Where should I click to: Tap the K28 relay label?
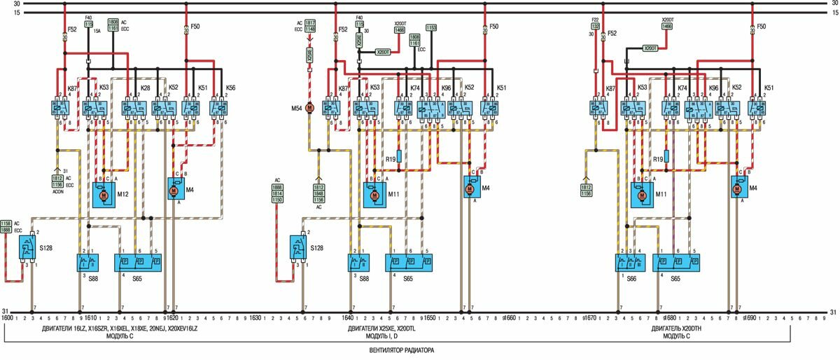click(145, 88)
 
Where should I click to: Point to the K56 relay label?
click(230, 88)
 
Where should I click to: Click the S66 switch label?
click(631, 279)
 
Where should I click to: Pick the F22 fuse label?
click(595, 20)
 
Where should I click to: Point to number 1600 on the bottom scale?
click(7, 318)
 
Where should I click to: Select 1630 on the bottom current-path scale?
click(255, 318)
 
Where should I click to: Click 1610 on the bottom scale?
click(90, 318)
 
